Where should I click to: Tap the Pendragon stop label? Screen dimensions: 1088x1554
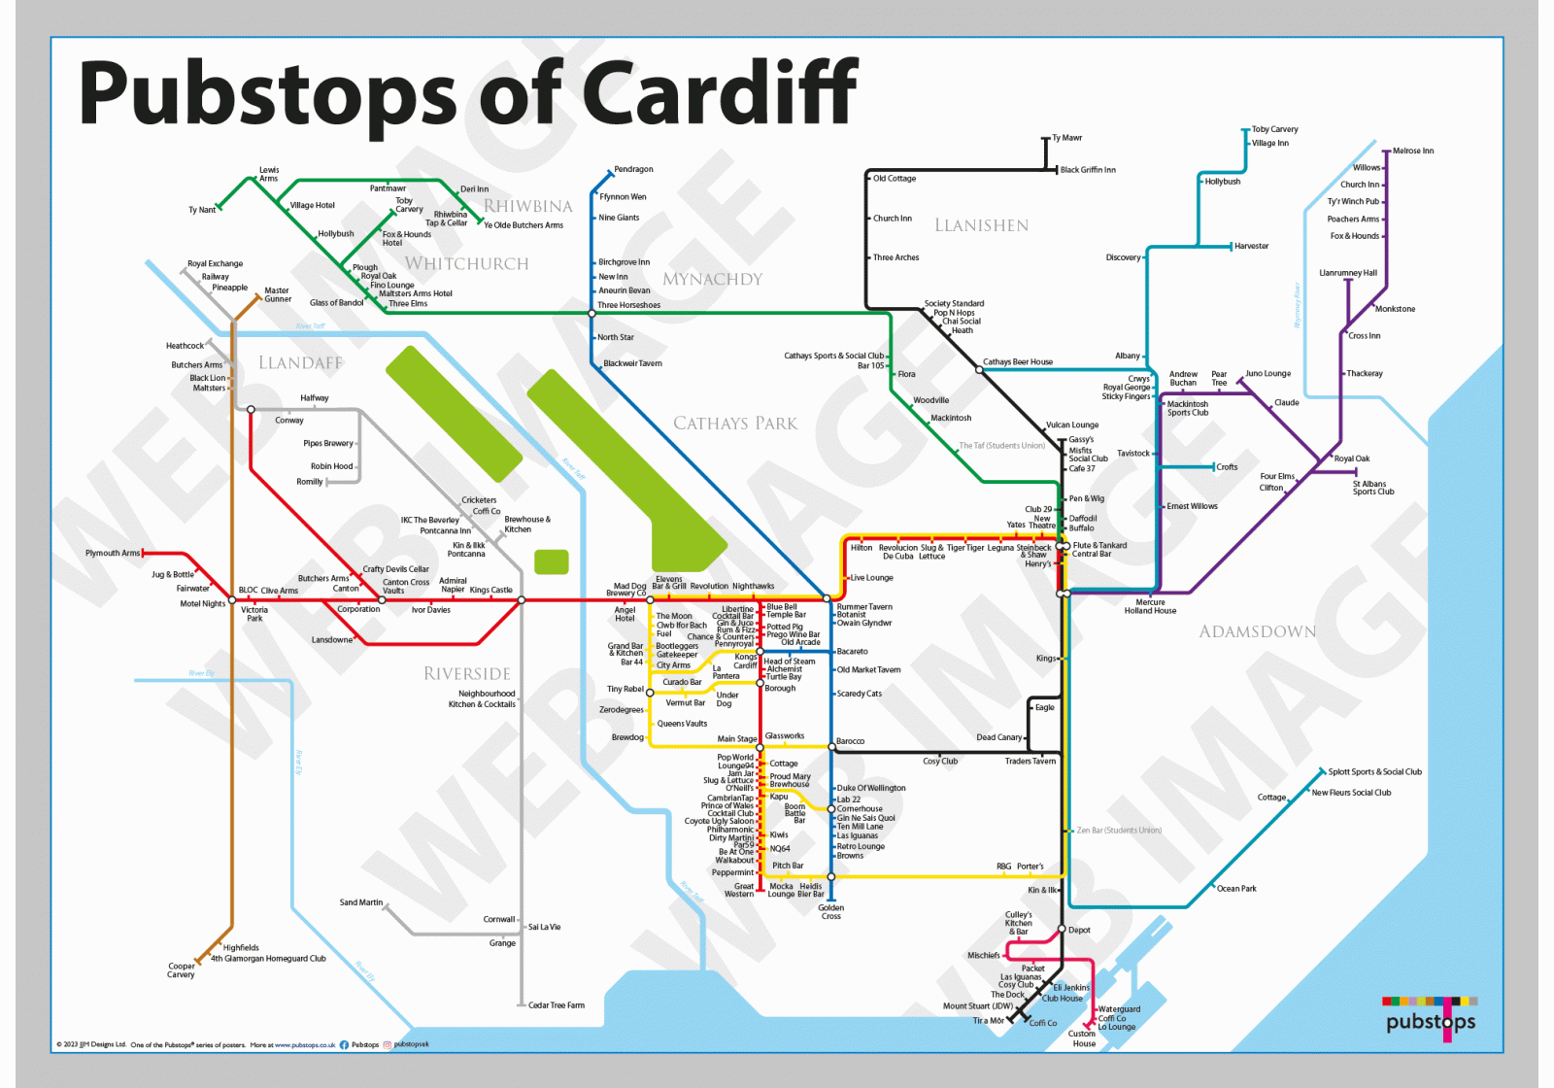633,170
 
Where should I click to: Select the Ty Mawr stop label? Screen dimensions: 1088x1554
1066,138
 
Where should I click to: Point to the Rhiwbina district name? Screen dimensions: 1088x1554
528,206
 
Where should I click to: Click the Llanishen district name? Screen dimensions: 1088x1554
981,225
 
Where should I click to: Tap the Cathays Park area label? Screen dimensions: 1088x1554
735,424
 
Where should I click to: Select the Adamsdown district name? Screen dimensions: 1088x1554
1257,631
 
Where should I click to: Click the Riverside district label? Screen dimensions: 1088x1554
466,673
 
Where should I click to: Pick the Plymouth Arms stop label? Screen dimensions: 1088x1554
112,553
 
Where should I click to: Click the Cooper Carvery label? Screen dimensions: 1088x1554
181,970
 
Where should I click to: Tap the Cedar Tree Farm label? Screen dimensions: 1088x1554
556,1005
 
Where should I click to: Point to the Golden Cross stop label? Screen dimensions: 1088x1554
830,912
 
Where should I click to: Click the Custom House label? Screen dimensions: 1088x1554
1083,1038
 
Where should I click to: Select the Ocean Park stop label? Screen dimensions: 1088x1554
1235,889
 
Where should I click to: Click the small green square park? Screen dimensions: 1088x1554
552,561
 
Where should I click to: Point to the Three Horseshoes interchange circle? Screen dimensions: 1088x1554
591,313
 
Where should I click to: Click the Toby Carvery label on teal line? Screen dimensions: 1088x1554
1274,129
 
